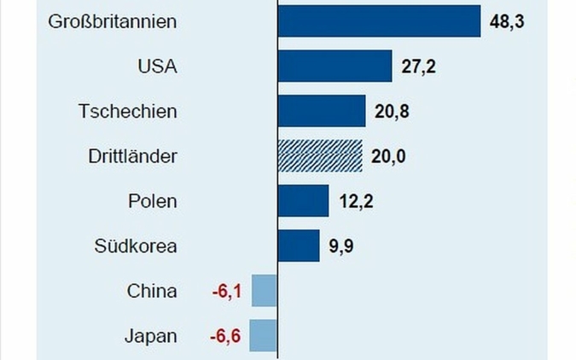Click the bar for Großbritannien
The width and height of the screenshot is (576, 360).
[379, 21]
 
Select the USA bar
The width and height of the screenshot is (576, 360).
[335, 67]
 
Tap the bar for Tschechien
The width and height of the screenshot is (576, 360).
[322, 111]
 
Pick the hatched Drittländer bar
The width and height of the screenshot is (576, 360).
[321, 156]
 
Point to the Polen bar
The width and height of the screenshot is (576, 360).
[303, 201]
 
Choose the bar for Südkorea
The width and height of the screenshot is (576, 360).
[299, 246]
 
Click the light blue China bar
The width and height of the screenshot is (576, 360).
[265, 291]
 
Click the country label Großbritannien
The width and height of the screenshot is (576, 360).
[113, 21]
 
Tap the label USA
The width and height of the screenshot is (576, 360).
[157, 67]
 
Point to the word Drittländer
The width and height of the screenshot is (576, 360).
[132, 157]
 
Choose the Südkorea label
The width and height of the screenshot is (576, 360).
[136, 247]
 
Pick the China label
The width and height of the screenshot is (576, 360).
[152, 292]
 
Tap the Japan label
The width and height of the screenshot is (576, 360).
[151, 336]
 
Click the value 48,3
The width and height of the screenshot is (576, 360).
[507, 21]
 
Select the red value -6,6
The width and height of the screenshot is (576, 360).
[226, 336]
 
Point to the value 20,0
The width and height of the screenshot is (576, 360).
[389, 157]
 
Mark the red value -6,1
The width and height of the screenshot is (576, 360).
[227, 292]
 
